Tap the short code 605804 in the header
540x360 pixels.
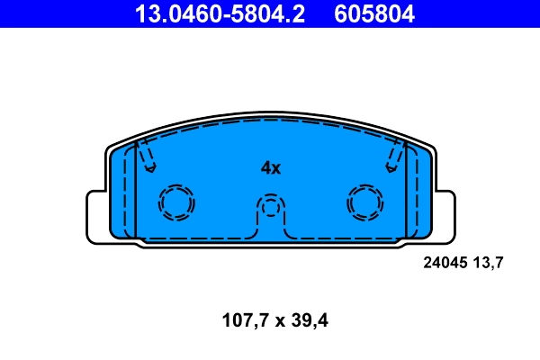click(374, 13)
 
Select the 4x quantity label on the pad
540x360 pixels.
click(271, 167)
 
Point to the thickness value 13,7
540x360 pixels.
click(487, 263)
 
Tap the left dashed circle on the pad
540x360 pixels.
click(175, 202)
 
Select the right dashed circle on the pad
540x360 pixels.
click(365, 202)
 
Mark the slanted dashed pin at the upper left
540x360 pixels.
click(146, 157)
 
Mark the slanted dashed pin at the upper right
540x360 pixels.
click(394, 157)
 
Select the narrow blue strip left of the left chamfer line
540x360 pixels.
click(122, 193)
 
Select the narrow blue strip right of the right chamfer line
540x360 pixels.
click(418, 193)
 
